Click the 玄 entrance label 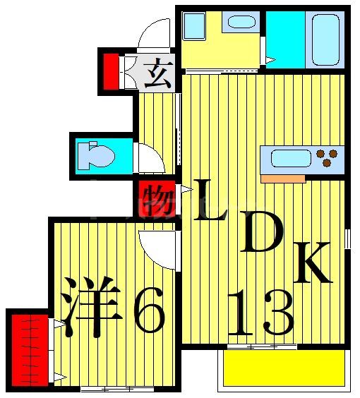coord(157,73)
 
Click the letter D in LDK coord(262,231)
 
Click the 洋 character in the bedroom coord(91,308)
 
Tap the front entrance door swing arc coord(153,35)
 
